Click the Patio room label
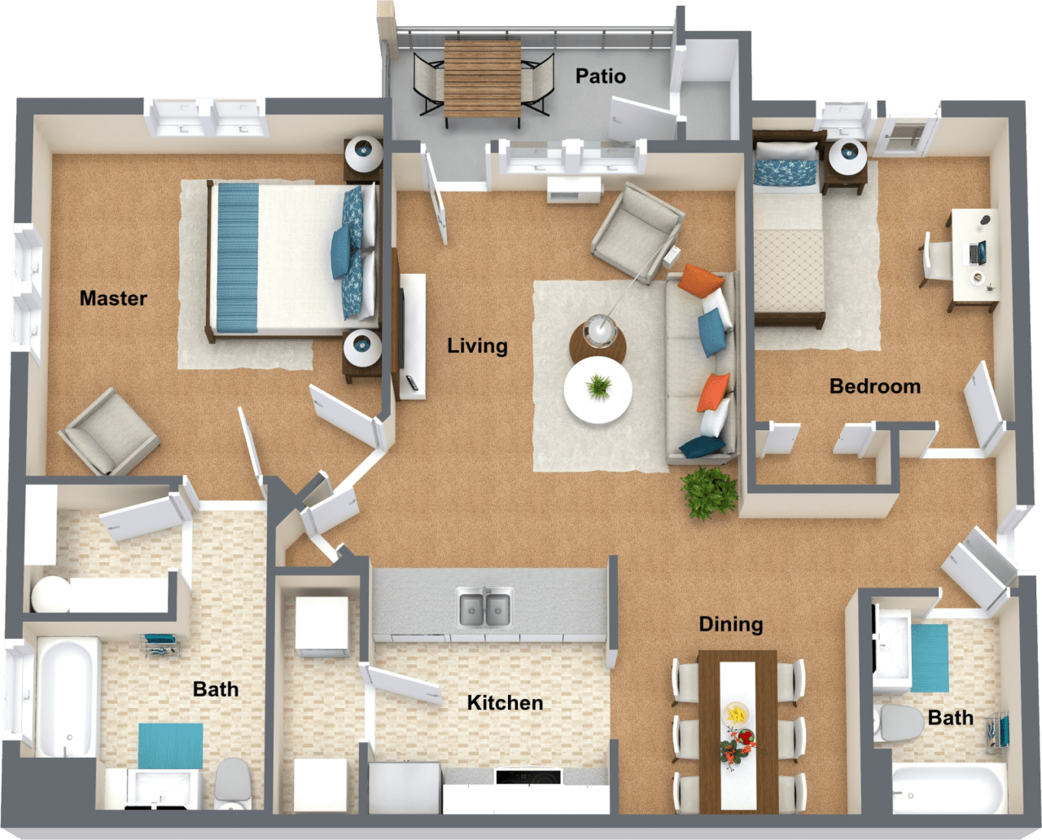600,77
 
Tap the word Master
113,299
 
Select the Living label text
477,346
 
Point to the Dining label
730,625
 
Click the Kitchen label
505,703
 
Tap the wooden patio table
482,79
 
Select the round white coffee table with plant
598,389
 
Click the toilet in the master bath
233,782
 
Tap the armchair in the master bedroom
108,432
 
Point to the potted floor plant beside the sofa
709,491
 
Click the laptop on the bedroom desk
977,253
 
